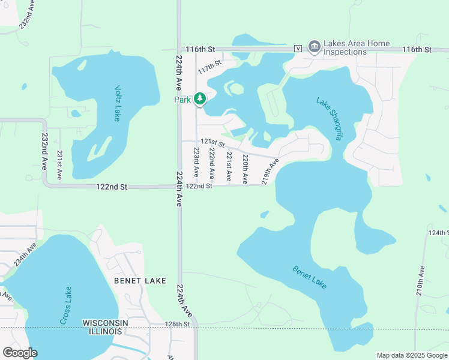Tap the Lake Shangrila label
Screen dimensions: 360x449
330,119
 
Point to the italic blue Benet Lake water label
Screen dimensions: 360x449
310,277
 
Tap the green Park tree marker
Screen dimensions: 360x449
200,99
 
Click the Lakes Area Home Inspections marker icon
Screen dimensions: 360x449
314,46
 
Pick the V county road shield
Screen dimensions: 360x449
298,49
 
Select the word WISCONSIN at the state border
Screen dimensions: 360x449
105,323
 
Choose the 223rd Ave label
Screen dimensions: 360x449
196,163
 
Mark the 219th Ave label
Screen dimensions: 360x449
271,172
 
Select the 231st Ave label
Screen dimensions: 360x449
59,164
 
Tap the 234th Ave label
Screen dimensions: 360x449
25,254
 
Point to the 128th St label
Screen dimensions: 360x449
178,324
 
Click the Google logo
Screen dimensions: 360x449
20,353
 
